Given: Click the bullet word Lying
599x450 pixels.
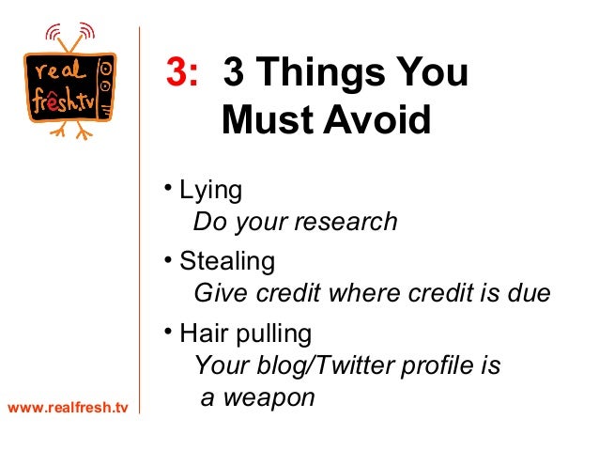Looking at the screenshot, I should tap(210, 191).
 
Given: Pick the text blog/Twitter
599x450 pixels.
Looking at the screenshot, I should tap(320, 365).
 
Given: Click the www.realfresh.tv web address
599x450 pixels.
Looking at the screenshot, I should tap(67, 408).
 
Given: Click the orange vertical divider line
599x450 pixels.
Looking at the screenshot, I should tap(139, 235).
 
